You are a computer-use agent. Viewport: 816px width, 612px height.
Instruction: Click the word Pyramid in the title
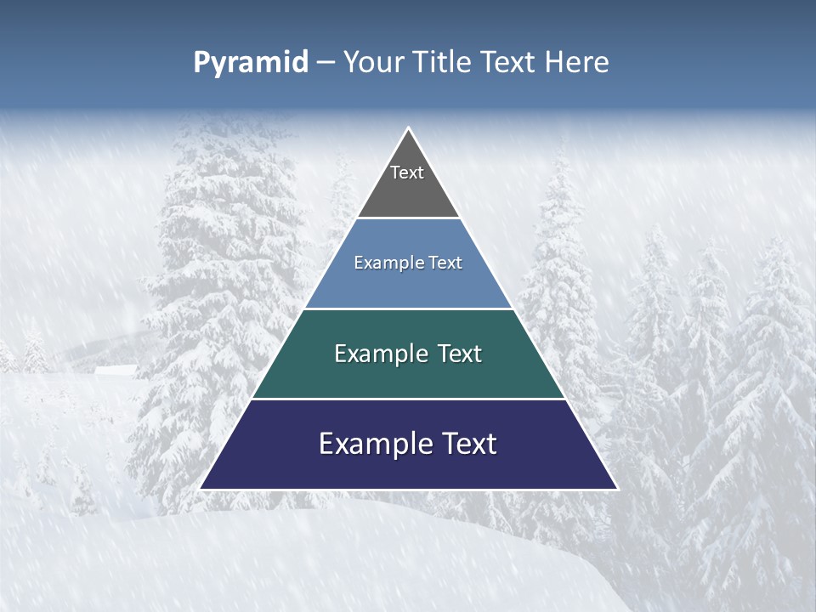pyautogui.click(x=251, y=63)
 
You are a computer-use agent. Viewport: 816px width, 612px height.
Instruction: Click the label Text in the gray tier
pyautogui.click(x=407, y=173)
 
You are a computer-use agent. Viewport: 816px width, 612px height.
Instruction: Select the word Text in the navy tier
pyautogui.click(x=467, y=444)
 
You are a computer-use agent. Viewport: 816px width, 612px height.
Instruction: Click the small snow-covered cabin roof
pyautogui.click(x=116, y=370)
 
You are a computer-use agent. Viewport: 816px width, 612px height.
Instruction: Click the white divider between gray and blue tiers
pyautogui.click(x=408, y=218)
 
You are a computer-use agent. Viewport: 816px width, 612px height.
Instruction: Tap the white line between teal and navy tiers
pyautogui.click(x=408, y=399)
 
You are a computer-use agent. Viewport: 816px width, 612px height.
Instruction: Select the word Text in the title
pyautogui.click(x=510, y=63)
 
